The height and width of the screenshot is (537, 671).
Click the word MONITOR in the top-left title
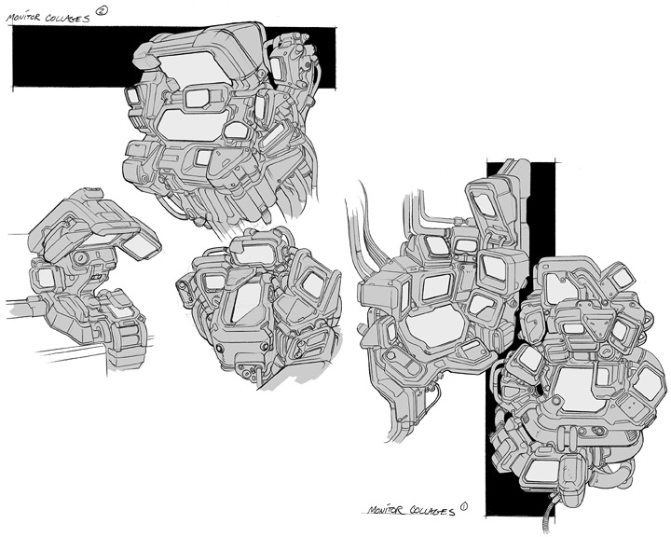pos(23,18)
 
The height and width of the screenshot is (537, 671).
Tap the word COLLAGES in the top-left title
pos(68,19)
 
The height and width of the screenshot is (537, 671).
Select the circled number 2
pos(102,10)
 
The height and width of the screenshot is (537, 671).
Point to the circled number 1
pos(463,506)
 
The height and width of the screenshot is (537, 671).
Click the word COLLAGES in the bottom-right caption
pos(432,511)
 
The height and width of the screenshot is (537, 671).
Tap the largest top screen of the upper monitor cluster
pos(194,67)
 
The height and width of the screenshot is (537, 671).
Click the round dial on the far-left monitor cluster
pos(80,258)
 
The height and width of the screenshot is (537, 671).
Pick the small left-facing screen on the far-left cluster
pos(45,279)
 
